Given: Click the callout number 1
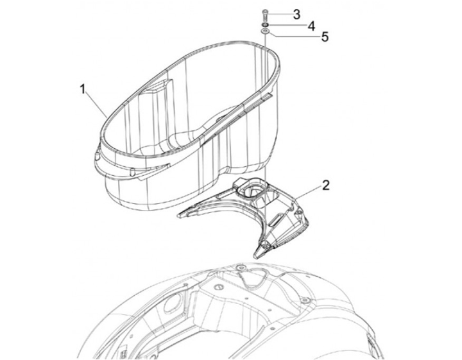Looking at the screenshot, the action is [83, 89].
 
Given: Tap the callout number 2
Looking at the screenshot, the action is [325, 185].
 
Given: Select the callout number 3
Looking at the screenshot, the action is [296, 14].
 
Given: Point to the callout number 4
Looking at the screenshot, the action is [311, 26].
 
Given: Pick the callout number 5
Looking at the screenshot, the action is [325, 37].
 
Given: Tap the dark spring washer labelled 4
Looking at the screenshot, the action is [265, 25].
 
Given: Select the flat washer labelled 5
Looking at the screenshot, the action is [265, 31].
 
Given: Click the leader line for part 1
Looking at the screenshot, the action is [97, 105].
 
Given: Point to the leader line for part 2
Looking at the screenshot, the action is [308, 194].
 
